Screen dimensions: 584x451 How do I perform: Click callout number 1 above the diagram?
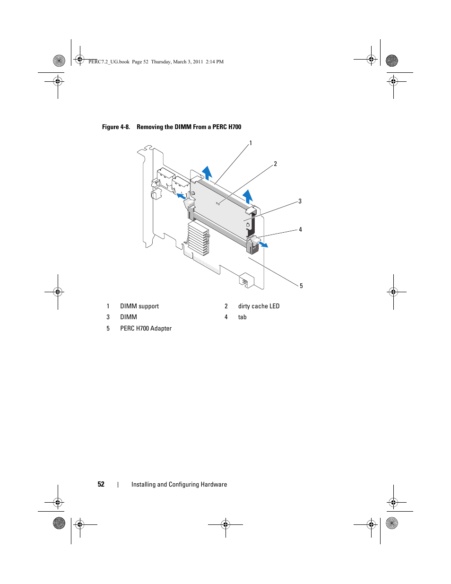251,143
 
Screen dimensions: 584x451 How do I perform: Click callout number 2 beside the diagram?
275,164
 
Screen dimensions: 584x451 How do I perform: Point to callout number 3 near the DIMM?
300,201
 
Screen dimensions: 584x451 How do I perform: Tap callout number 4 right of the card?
300,230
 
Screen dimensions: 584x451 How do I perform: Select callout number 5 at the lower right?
301,286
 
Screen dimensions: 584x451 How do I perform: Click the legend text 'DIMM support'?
139,306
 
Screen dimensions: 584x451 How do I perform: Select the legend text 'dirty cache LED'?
259,306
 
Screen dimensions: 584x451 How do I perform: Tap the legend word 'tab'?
242,317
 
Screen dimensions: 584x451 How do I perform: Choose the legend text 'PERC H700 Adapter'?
146,329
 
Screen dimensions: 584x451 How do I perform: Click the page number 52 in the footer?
101,484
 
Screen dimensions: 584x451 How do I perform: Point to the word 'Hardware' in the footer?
214,484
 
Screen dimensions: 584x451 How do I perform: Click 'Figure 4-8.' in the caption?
116,127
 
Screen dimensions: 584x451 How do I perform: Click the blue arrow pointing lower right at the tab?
262,244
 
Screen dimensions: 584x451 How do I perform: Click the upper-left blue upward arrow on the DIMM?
207,173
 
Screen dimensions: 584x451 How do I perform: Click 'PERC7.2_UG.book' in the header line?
109,62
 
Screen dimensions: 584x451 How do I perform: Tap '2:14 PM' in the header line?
215,62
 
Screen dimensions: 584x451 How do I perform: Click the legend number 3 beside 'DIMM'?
108,317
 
